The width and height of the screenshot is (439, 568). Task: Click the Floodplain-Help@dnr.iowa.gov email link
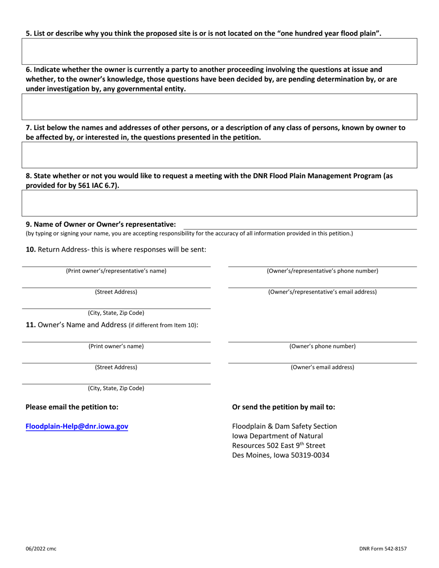(77, 427)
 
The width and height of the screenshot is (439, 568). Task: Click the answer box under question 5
(219, 51)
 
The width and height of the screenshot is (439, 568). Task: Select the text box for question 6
(219, 107)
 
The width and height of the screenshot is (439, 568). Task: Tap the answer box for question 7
(219, 155)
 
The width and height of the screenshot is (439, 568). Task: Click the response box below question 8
(219, 203)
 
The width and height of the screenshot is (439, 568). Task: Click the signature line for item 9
(299, 225)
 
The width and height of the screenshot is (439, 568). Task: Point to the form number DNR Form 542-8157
(383, 549)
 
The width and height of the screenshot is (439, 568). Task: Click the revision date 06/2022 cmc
(41, 549)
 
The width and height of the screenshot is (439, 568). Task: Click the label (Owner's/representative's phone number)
(323, 271)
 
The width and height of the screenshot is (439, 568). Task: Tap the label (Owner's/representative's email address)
(323, 292)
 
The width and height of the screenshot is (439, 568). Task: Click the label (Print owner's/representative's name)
(116, 271)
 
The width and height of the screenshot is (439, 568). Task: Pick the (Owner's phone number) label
(323, 346)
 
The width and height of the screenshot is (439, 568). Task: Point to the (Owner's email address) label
(323, 367)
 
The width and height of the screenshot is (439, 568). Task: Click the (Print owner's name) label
(116, 346)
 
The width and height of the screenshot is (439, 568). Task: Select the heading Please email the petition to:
(72, 407)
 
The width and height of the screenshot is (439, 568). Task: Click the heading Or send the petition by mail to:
(283, 407)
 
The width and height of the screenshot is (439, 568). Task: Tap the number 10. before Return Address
(30, 250)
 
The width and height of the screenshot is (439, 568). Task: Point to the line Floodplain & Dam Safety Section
(284, 426)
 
